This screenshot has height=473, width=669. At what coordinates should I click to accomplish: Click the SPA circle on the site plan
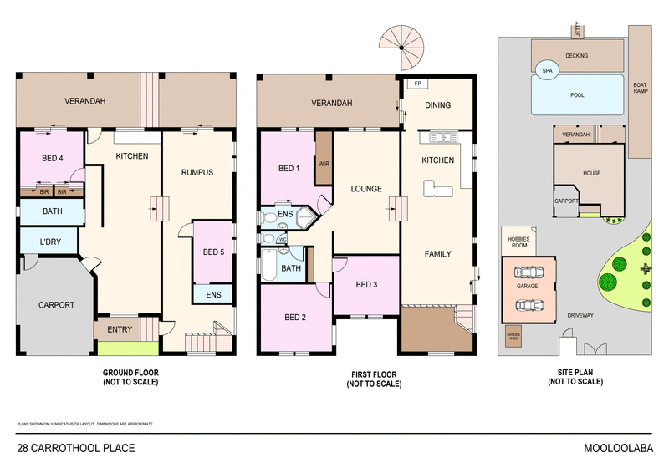(x=547, y=72)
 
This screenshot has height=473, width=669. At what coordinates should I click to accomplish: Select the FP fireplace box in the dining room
(x=416, y=84)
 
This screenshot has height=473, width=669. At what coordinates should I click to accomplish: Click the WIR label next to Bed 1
(x=323, y=164)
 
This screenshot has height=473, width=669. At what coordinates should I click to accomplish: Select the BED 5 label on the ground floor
(x=212, y=252)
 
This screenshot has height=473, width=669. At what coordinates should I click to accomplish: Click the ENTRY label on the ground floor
(x=120, y=329)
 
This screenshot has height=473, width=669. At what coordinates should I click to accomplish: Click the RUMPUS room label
(x=197, y=172)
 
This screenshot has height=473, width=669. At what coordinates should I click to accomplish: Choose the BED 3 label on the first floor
(x=367, y=284)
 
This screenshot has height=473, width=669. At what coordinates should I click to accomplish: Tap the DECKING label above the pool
(x=577, y=56)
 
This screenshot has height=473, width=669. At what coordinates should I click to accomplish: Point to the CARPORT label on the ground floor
(x=57, y=305)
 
